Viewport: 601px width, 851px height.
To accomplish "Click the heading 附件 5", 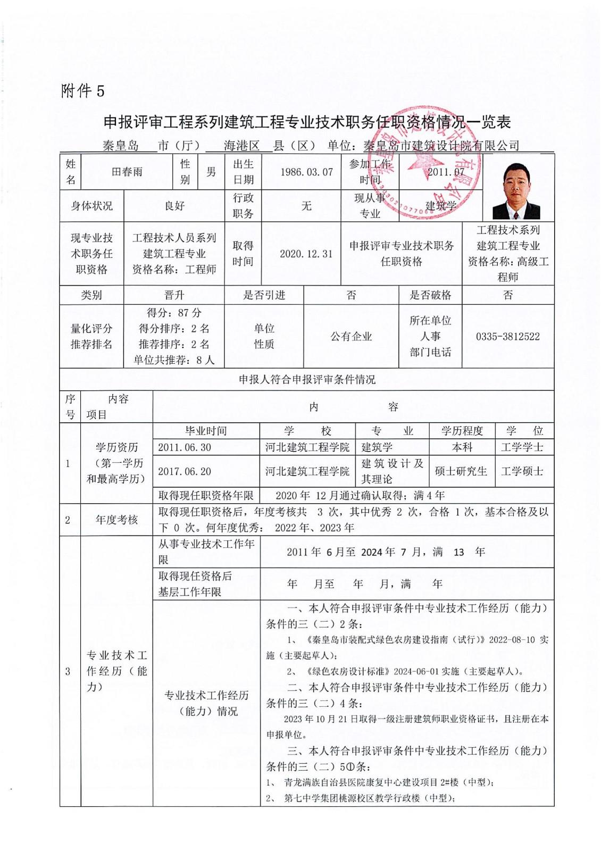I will pos(83,91).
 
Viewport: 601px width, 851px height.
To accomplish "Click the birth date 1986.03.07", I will pos(306,172).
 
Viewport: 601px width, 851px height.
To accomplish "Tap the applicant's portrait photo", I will pos(516,190).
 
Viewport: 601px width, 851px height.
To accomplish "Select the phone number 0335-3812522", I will pos(507,337).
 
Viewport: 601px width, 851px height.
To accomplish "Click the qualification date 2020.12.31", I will pos(306,254).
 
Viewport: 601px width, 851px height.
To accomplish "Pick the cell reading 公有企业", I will pos(351,337).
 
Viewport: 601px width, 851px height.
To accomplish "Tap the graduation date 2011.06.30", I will pos(185,447).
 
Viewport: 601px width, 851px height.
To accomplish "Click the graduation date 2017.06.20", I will pos(185,471).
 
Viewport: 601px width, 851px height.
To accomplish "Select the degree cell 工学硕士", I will pos(522,471).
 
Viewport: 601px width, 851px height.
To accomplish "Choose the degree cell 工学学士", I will pos(522,447).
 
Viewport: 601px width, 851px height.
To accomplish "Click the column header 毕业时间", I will pos(206,431).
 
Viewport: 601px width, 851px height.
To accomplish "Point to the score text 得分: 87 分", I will pos(174,313).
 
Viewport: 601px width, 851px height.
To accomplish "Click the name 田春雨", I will pos(127,172).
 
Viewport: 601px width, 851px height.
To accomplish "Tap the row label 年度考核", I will pos(116,520).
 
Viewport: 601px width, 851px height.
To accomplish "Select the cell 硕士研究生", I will pos(461,471).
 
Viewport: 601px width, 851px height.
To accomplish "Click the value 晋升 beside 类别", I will pos(174,295).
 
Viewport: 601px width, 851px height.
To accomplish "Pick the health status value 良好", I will pos(174,206).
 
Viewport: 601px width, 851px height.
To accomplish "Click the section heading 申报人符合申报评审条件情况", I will pos(307,380).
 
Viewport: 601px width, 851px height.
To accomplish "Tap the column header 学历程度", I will pos(462,431).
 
